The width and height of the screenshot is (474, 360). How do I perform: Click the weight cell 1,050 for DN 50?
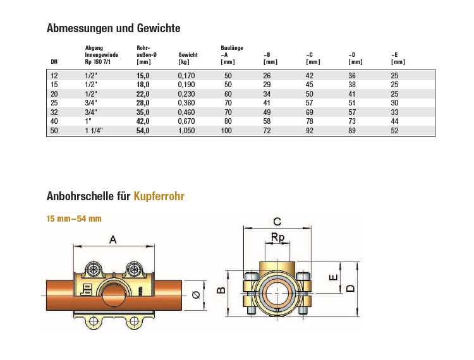[x=186, y=131]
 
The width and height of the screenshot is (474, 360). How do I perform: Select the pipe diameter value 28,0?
[x=143, y=103]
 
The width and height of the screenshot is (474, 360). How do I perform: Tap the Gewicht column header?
[x=188, y=58]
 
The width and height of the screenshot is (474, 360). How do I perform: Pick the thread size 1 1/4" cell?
[x=94, y=131]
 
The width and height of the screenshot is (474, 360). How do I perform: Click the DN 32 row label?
[x=54, y=112]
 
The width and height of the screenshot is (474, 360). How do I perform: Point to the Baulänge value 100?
[x=226, y=131]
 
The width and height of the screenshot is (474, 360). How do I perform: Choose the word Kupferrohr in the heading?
[x=159, y=196]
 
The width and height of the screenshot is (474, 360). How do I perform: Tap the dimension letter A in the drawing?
[x=112, y=240]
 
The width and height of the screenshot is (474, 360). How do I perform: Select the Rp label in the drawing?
[x=277, y=237]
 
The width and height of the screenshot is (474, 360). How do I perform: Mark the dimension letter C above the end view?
[x=277, y=222]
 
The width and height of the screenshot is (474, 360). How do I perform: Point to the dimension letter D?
[x=350, y=288]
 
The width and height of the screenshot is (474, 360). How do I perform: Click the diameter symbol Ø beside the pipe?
[x=196, y=294]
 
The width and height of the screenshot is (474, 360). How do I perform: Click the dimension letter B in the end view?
[x=221, y=291]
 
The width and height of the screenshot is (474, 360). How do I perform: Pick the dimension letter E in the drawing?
[x=333, y=277]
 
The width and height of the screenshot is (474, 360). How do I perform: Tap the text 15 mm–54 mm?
[x=74, y=219]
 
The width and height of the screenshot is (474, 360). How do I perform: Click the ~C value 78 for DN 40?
[x=309, y=121]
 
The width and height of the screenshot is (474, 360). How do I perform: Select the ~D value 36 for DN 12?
[x=352, y=76]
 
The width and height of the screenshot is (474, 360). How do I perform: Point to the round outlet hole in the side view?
[x=114, y=295]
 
